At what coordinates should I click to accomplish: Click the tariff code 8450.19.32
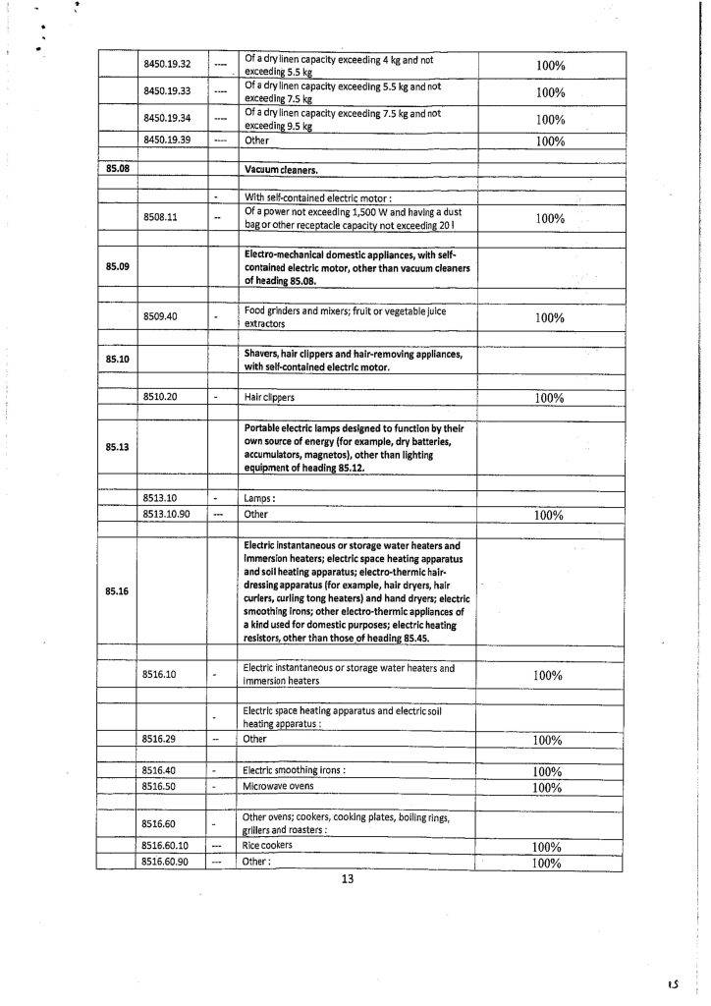click(166, 65)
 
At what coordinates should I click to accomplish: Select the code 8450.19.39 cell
click(166, 140)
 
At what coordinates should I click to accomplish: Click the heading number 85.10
click(118, 359)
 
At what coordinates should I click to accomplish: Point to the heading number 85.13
click(118, 447)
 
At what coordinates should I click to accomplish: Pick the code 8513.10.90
click(166, 514)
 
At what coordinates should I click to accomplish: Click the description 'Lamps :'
click(259, 498)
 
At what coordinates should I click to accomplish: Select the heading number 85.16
click(118, 591)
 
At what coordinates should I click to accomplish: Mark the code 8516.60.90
click(166, 862)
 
